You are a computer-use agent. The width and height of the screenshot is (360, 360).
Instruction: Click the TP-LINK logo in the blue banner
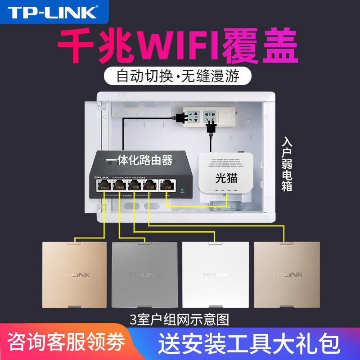tap(54, 13)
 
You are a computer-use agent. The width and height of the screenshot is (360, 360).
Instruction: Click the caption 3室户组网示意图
tap(179, 320)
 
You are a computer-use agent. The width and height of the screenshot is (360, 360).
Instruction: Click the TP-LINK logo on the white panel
tap(215, 274)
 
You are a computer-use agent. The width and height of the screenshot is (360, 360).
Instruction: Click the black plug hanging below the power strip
tap(210, 129)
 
